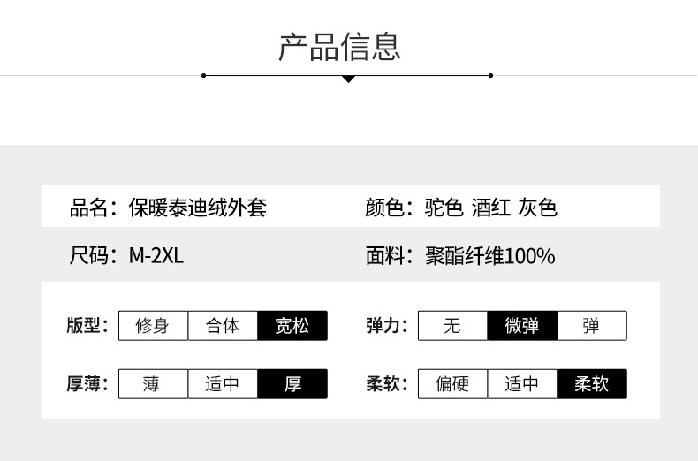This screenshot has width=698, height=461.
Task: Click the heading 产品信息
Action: pos(339,46)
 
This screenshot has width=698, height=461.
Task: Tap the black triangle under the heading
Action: pos(348,79)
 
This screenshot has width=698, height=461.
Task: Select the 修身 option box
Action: pos(153,326)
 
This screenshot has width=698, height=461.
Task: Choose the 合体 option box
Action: pos(223,326)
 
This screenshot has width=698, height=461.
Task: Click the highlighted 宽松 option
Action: pos(292,326)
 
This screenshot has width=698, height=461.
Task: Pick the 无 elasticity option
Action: pos(452,326)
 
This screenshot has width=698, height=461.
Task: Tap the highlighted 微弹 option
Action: pos(522,326)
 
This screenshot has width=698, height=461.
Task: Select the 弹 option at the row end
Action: pos(592,326)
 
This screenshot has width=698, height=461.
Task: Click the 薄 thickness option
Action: pos(153,384)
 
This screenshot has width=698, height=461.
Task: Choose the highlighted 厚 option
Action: pos(292,384)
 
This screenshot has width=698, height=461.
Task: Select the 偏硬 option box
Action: pos(452,384)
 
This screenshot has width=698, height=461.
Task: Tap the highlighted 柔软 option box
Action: pos(592,384)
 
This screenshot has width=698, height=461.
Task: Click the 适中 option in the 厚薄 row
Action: pos(223,384)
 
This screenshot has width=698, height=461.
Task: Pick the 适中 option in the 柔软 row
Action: pos(522,384)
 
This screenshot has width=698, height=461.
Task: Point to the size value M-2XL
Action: pos(156,257)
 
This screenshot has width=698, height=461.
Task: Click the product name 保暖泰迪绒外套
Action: pos(197,208)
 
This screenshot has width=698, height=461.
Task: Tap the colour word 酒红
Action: pos(491,208)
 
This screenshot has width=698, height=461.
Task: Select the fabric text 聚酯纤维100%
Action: pos(489,257)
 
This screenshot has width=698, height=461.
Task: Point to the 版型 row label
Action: pos(86,326)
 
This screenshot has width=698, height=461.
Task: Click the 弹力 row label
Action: pos(386,326)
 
